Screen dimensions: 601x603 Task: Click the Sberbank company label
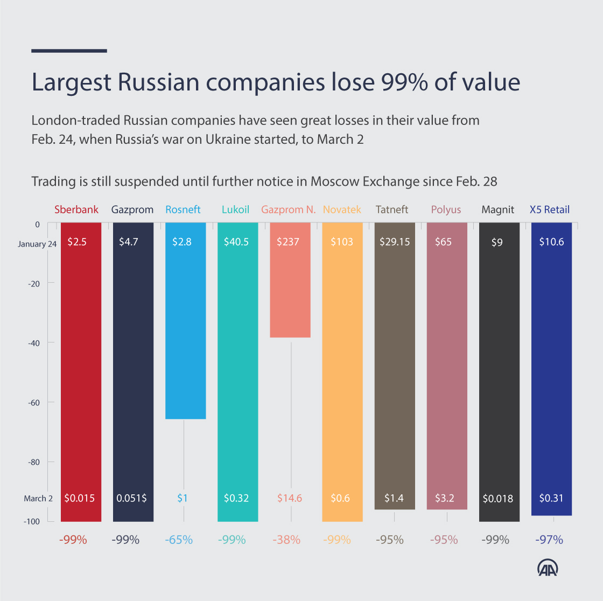(x=76, y=209)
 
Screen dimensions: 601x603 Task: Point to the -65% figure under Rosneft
(x=179, y=540)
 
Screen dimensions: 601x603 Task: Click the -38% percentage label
(x=286, y=540)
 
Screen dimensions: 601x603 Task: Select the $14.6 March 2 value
(x=290, y=498)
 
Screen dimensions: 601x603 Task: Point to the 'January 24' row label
(x=37, y=244)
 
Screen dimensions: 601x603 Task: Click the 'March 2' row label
(x=38, y=499)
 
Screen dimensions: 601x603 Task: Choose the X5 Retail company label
(x=550, y=209)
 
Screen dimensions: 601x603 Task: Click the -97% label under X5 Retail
(x=550, y=540)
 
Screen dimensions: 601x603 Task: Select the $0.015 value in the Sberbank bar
(x=79, y=498)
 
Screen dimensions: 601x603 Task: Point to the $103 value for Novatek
(x=342, y=242)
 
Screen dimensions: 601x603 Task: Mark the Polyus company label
(x=446, y=209)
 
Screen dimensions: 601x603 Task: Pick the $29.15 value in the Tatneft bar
(x=395, y=242)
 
